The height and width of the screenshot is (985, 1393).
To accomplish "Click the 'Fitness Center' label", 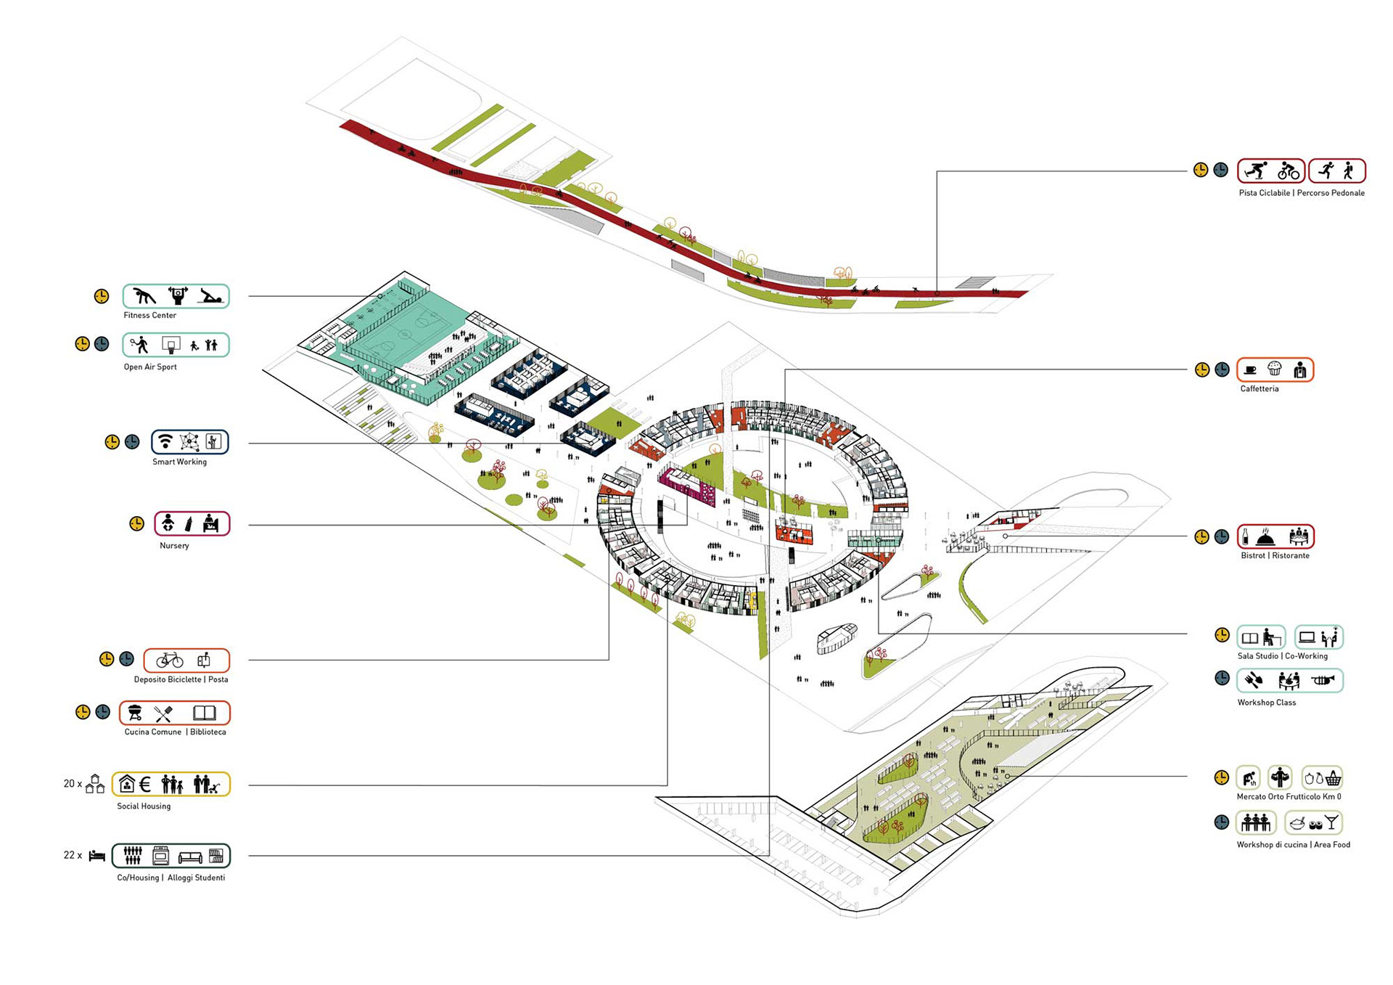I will point(149,315).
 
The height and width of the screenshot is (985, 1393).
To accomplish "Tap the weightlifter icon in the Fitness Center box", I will point(178,295).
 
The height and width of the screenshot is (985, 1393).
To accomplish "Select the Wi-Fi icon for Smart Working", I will point(166,441).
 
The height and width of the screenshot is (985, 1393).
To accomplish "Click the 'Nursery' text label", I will point(174,545).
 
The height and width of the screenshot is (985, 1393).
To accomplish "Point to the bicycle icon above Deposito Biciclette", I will point(170,659).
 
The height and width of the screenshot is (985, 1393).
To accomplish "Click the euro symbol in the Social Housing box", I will point(145,784).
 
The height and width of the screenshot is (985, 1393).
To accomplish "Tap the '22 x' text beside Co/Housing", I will point(73,855).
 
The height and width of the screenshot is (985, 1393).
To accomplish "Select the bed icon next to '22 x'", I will point(97,856).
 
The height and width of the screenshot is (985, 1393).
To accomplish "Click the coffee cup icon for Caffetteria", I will point(1250,369).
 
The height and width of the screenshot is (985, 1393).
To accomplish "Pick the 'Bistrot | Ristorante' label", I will point(1275,555).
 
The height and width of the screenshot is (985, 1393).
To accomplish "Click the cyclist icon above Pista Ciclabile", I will point(1289,171).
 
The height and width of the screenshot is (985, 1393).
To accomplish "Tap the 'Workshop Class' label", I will point(1266,702).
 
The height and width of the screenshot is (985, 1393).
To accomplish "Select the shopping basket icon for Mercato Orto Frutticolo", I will point(1333,779).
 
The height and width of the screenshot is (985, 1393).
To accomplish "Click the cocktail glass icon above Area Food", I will point(1331,822).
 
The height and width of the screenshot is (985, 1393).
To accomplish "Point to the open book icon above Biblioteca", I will point(204,713).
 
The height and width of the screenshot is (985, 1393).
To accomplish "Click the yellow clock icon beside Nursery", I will point(136,523).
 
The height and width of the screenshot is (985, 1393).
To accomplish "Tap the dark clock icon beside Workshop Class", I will point(1222,678).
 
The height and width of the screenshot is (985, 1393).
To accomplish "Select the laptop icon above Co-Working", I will point(1307,637).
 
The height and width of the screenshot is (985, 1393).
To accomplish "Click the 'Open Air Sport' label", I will point(150,367).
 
